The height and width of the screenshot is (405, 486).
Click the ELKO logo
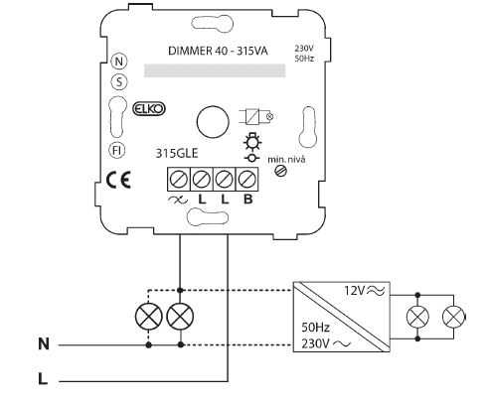pos(149,109)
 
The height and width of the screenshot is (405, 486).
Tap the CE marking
pos(118,181)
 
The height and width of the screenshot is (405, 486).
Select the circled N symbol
pos(119,62)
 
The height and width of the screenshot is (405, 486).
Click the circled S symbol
pos(119,81)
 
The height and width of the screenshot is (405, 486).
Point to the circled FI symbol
pos(116,151)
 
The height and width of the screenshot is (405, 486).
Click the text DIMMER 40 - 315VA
pos(218,51)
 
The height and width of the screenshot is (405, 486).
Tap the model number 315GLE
pos(177,153)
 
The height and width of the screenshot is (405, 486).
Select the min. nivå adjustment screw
pos(281,171)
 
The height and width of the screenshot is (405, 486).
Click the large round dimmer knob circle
pos(213,122)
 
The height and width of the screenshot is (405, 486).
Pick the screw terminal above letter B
pos(246,180)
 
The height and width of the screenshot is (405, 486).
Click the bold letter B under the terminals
pos(247,200)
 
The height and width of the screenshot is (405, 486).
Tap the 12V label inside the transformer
pos(355,291)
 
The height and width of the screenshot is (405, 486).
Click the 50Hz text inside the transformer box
pos(315,328)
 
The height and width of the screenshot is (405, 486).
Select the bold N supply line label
pos(44,343)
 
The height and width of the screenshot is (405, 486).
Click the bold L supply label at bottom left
pos(43,379)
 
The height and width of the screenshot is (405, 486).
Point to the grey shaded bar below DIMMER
pos(215,70)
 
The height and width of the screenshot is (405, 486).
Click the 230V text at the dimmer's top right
pos(304,49)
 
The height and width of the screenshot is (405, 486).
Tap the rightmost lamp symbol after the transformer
pos(453,317)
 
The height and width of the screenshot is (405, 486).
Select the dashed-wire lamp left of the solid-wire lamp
pos(149,317)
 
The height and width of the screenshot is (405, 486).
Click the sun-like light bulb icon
pos(252,142)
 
